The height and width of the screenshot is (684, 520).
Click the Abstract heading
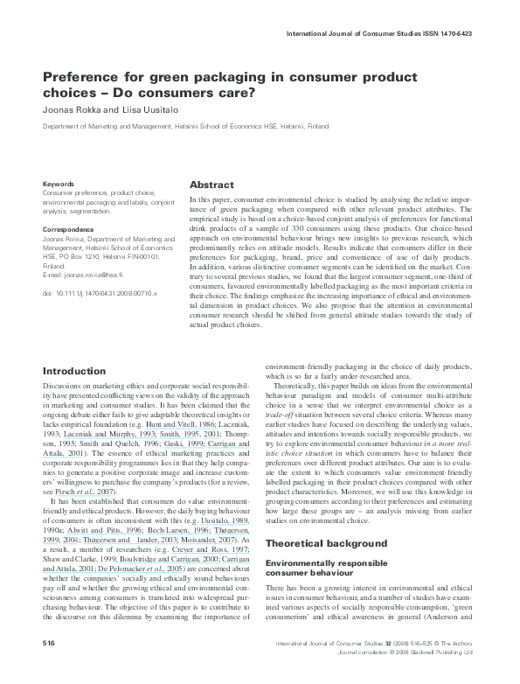(x=211, y=185)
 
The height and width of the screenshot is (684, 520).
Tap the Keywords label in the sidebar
(x=58, y=184)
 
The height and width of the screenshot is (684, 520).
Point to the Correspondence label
(x=68, y=228)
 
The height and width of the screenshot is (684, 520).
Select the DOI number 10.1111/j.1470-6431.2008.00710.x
(x=106, y=293)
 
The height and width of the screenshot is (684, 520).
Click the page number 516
(x=50, y=667)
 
